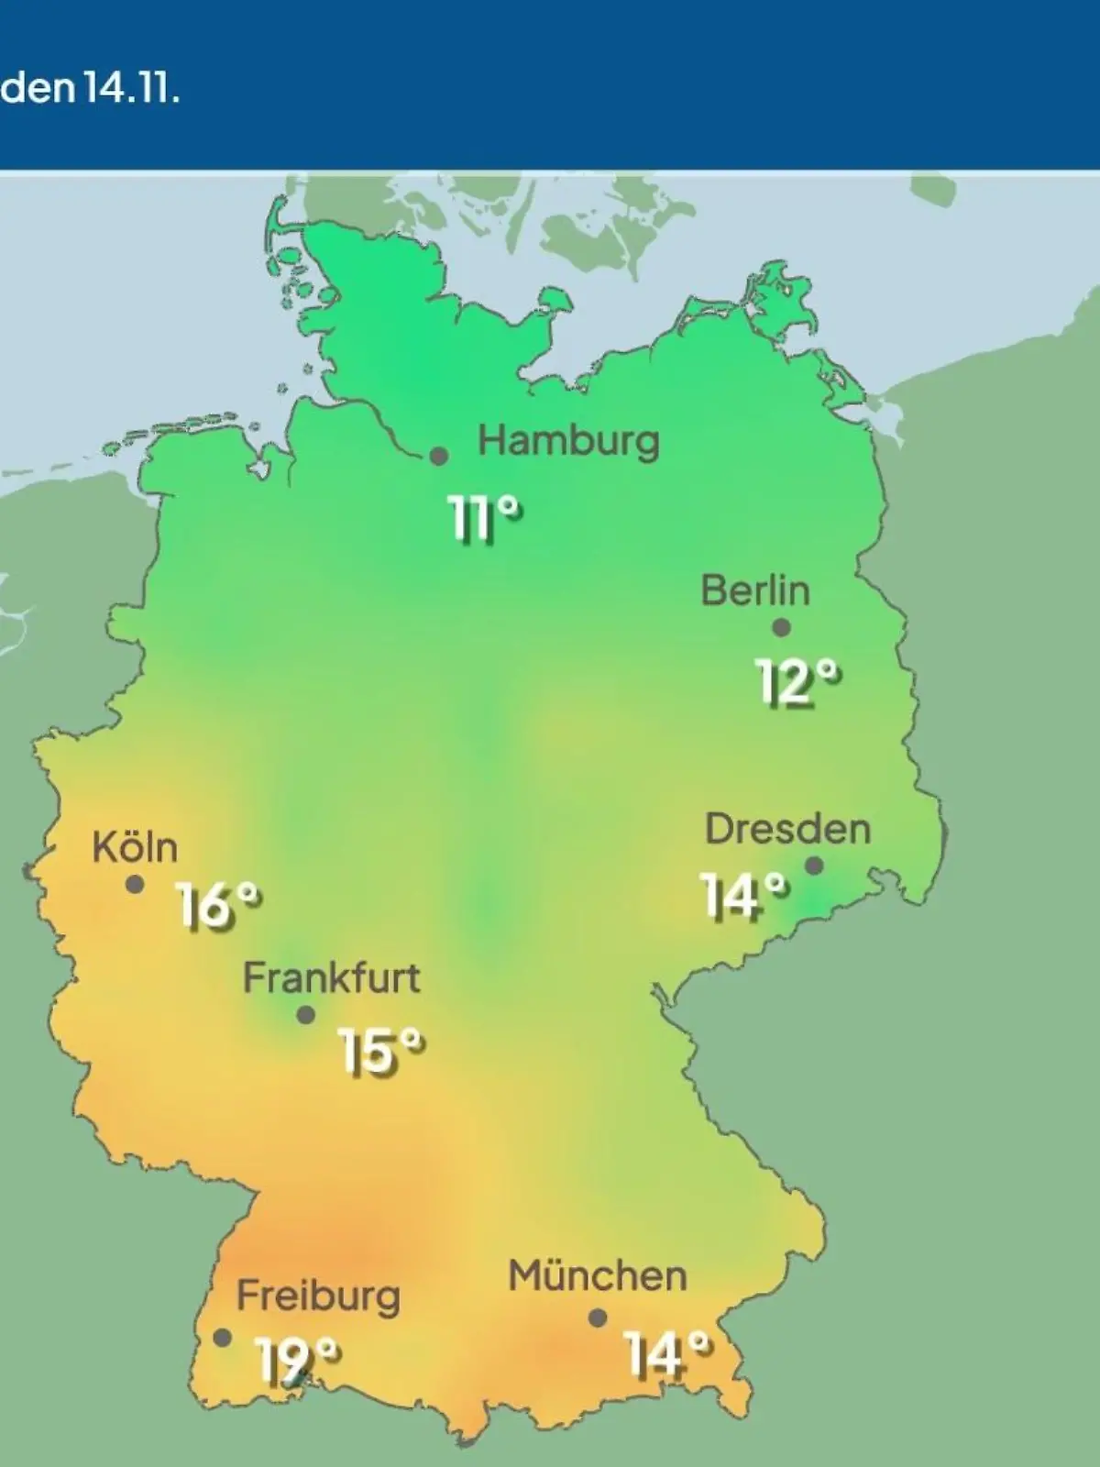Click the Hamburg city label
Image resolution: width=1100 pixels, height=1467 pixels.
[568, 442]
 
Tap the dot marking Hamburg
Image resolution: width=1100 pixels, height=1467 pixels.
[439, 456]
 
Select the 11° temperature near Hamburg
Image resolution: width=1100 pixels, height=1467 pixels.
[485, 520]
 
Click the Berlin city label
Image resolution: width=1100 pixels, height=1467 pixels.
[755, 590]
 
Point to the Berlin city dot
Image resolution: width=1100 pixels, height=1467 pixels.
[781, 628]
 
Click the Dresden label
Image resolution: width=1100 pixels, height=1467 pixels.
[787, 829]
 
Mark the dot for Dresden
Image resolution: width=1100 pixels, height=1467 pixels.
[814, 866]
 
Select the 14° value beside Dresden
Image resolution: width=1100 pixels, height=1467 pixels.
[743, 896]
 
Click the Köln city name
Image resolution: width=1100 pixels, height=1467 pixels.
[135, 847]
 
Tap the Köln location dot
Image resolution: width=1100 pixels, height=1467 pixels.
[135, 885]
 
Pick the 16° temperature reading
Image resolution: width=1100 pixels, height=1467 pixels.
[219, 907]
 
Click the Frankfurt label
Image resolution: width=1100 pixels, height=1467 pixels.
[331, 978]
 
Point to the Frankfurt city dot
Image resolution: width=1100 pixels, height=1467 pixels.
[306, 1015]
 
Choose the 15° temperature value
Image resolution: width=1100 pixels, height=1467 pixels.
[381, 1051]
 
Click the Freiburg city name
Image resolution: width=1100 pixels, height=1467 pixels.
[318, 1296]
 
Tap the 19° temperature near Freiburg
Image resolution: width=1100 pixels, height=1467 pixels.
[297, 1361]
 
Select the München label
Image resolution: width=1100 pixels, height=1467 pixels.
[598, 1275]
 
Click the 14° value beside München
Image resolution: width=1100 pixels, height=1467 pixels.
[667, 1354]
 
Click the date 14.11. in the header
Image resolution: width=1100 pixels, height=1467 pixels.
[130, 90]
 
